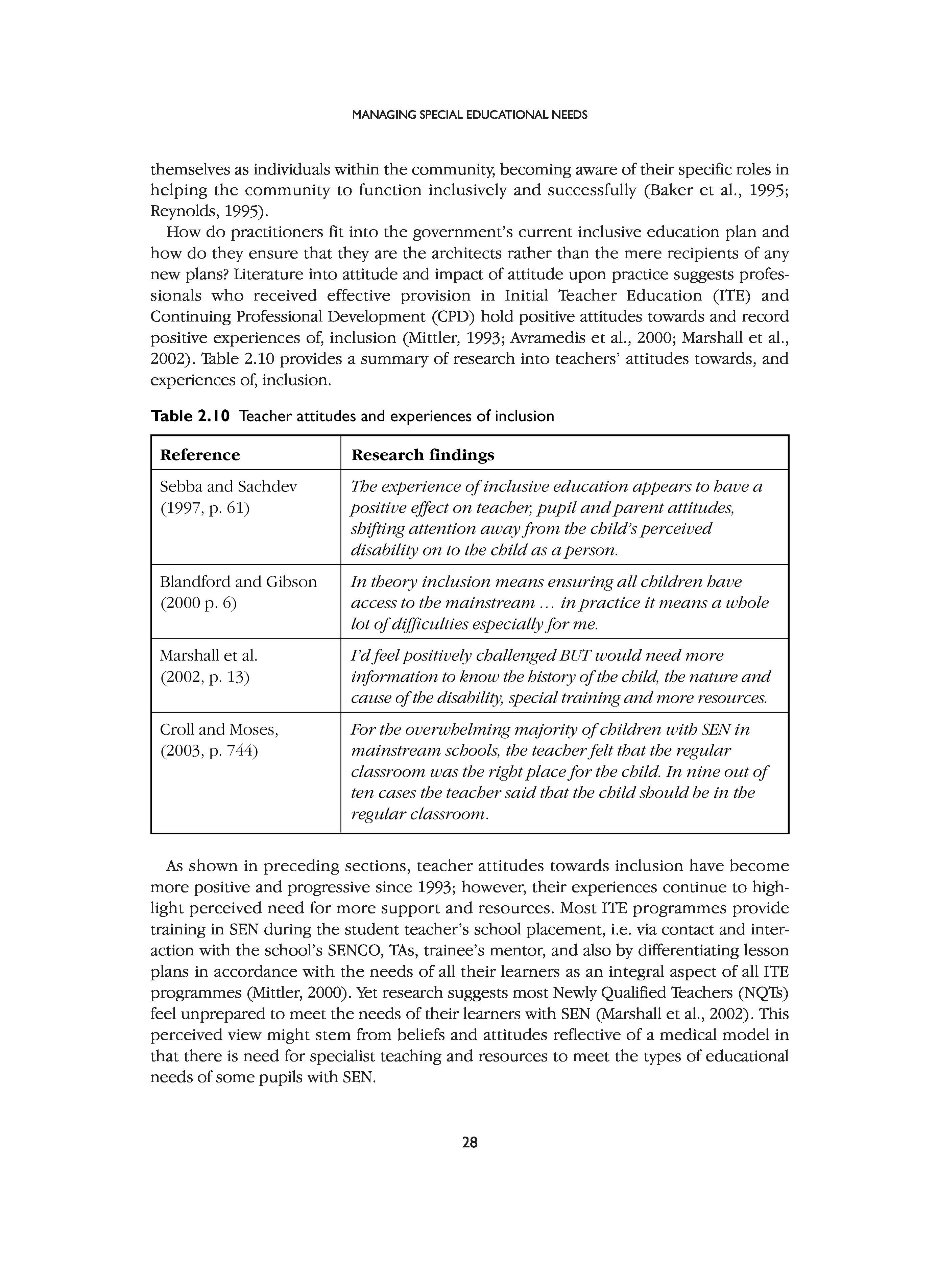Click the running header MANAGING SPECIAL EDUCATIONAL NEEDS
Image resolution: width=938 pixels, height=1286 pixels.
click(x=469, y=115)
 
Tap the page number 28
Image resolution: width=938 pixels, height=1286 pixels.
click(x=470, y=1142)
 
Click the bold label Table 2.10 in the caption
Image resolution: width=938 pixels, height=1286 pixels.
click(x=190, y=417)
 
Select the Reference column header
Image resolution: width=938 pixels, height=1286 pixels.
click(x=200, y=455)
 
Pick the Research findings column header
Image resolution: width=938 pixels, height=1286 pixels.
click(x=423, y=455)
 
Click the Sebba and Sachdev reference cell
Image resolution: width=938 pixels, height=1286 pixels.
click(x=228, y=497)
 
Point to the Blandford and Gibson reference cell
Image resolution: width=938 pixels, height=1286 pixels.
click(x=238, y=592)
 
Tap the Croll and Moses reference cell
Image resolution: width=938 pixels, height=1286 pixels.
click(x=219, y=740)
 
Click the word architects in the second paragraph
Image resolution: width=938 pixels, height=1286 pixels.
click(x=461, y=253)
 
